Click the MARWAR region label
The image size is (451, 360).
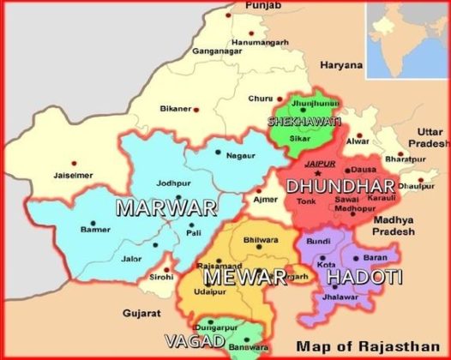[165, 207]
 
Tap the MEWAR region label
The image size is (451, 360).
[244, 278]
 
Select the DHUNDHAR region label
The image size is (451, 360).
[340, 186]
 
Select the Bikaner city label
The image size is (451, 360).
[175, 109]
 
